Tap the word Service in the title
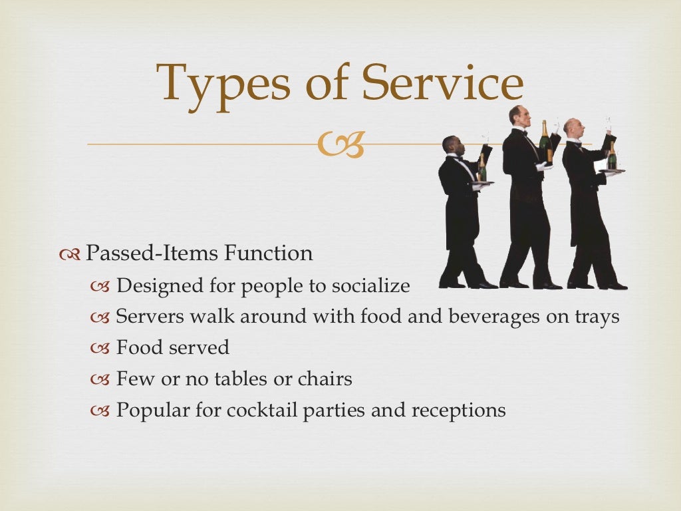(442, 84)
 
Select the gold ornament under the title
(340, 144)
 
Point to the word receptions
(458, 411)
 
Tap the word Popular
(152, 410)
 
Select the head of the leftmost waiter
(451, 144)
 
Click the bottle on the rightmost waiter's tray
(612, 157)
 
